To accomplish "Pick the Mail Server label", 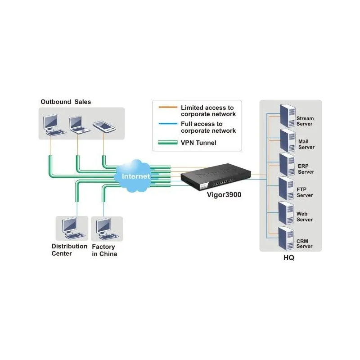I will coord(306,144).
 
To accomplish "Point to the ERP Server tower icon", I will coord(287,165).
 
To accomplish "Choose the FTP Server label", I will coord(305,193).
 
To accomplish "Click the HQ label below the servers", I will coord(289,258).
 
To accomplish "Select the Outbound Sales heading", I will coord(66,102).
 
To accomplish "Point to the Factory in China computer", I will coord(104,228).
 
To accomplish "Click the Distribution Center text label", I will coord(69,250).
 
